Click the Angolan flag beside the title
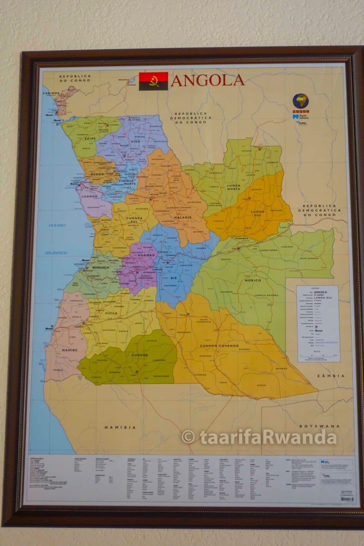pos(153,81)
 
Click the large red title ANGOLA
pos(207,80)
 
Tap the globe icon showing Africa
pos(300,101)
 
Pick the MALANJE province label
pos(182,217)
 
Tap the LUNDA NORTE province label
pos(233,188)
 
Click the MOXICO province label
pos(253,280)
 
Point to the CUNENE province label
pos(140,355)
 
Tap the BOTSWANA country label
pos(314,426)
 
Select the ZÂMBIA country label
pos(331,376)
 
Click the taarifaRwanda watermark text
pos(259,437)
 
